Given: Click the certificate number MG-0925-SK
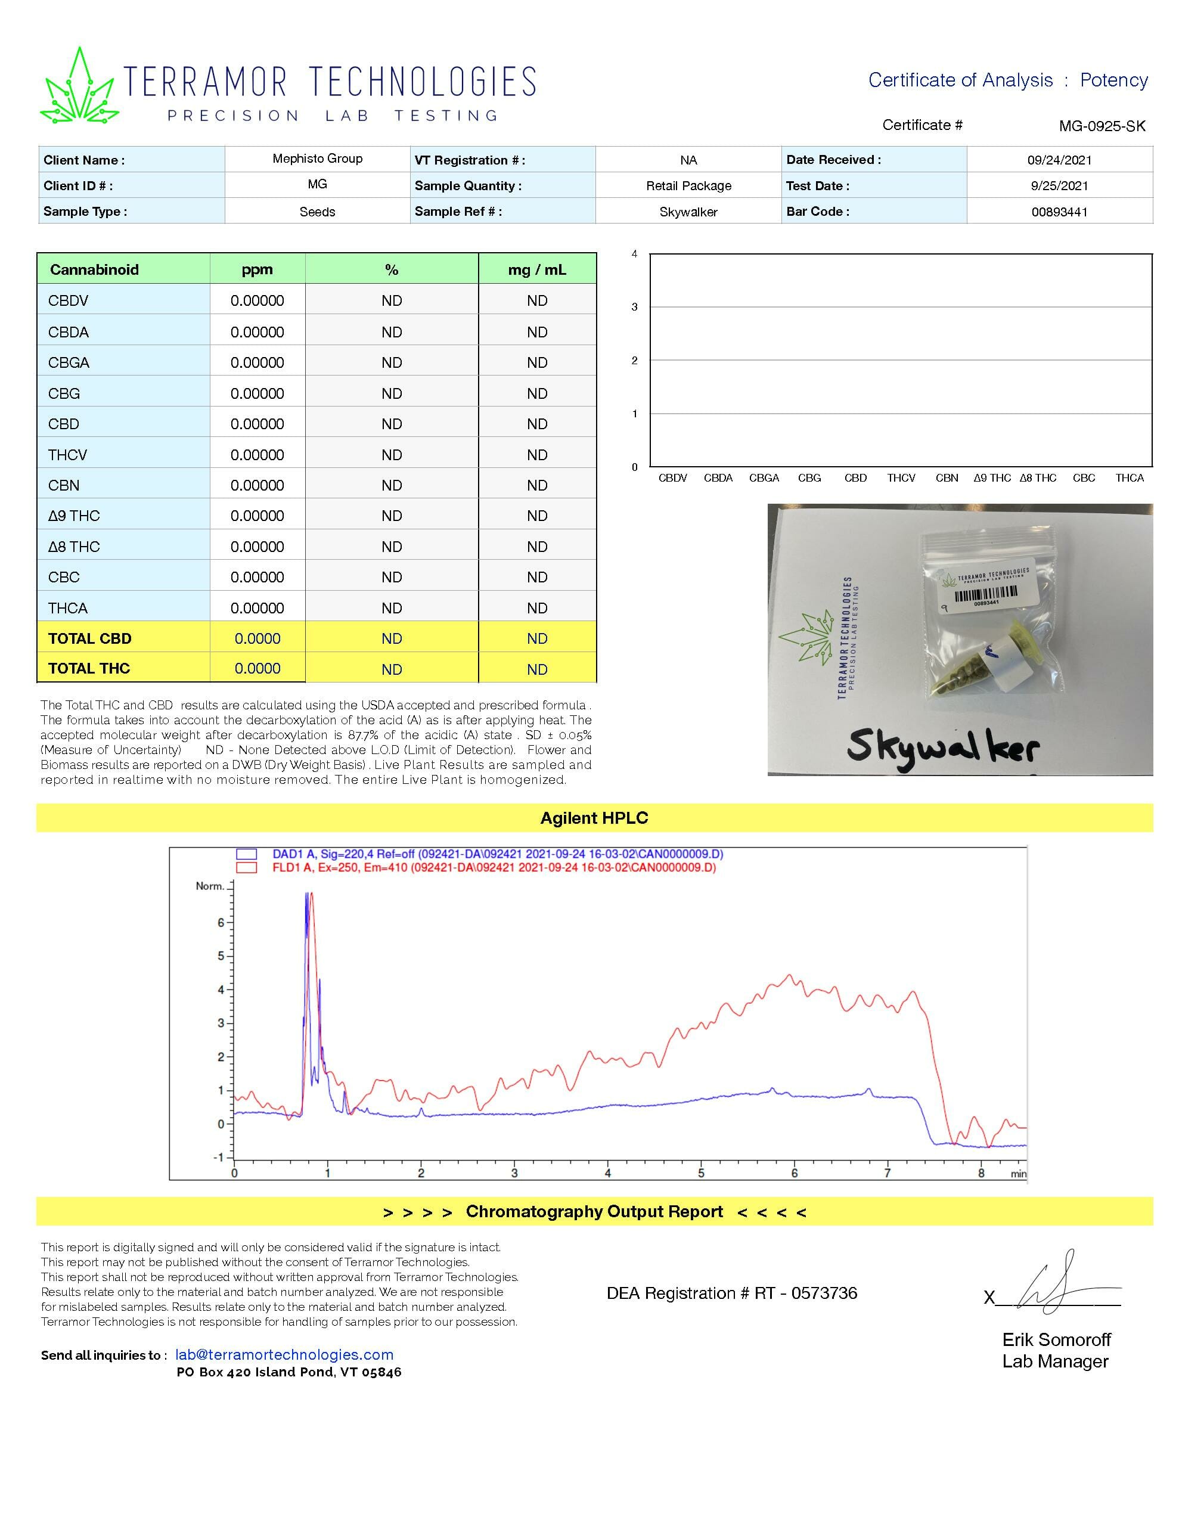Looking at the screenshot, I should coord(1102,126).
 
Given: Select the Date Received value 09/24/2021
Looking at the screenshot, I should coord(1059,160).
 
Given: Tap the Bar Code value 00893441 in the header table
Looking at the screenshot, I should coord(1059,212).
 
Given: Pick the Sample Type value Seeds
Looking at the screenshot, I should coord(317,212).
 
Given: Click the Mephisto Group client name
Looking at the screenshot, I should coord(317,159).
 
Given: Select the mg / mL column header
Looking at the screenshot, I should coord(536,269).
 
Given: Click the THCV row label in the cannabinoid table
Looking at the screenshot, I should coord(68,455).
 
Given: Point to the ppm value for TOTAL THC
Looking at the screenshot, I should coord(257,669).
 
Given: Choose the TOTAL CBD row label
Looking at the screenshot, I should coord(89,638).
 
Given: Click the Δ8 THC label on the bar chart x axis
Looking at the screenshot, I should coord(1038,478).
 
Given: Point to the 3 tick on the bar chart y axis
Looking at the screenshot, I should coord(635,307).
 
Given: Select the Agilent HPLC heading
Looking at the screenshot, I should coord(594,818).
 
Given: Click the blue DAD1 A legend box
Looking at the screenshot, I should coord(246,854).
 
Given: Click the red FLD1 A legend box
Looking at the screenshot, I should coord(246,868).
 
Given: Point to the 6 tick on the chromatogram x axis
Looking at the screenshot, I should coord(794,1173).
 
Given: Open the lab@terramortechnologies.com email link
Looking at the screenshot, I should coord(284,1355).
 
